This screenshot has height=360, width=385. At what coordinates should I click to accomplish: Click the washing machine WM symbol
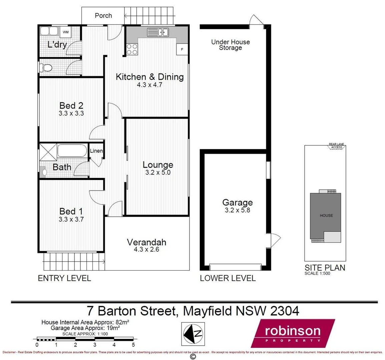pyautogui.click(x=66, y=32)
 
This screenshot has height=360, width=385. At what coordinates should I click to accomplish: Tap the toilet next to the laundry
pyautogui.click(x=46, y=68)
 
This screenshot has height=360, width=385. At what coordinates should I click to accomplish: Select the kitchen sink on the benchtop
pyautogui.click(x=158, y=32)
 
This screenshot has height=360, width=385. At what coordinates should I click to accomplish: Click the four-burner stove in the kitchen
pyautogui.click(x=132, y=49)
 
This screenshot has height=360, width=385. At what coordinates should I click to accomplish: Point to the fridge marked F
pyautogui.click(x=182, y=49)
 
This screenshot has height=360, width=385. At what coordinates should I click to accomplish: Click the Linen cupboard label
pyautogui.click(x=96, y=151)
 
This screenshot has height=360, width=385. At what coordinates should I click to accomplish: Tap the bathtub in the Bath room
pyautogui.click(x=72, y=151)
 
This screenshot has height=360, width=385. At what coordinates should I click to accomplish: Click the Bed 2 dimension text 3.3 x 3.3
pyautogui.click(x=71, y=113)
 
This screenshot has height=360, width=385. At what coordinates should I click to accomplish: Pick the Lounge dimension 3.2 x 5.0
pyautogui.click(x=158, y=173)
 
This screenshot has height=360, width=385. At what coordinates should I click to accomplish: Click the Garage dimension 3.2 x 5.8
pyautogui.click(x=237, y=210)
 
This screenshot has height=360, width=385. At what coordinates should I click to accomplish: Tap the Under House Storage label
pyautogui.click(x=231, y=45)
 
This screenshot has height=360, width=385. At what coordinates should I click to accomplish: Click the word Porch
pyautogui.click(x=103, y=16)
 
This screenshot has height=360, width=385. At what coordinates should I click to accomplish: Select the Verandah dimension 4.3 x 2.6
pyautogui.click(x=146, y=249)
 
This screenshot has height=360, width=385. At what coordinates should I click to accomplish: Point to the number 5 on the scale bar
pyautogui.click(x=133, y=345)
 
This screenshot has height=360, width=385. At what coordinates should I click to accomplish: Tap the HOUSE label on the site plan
pyautogui.click(x=326, y=216)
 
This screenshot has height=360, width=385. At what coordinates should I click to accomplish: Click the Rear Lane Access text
pyautogui.click(x=336, y=146)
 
